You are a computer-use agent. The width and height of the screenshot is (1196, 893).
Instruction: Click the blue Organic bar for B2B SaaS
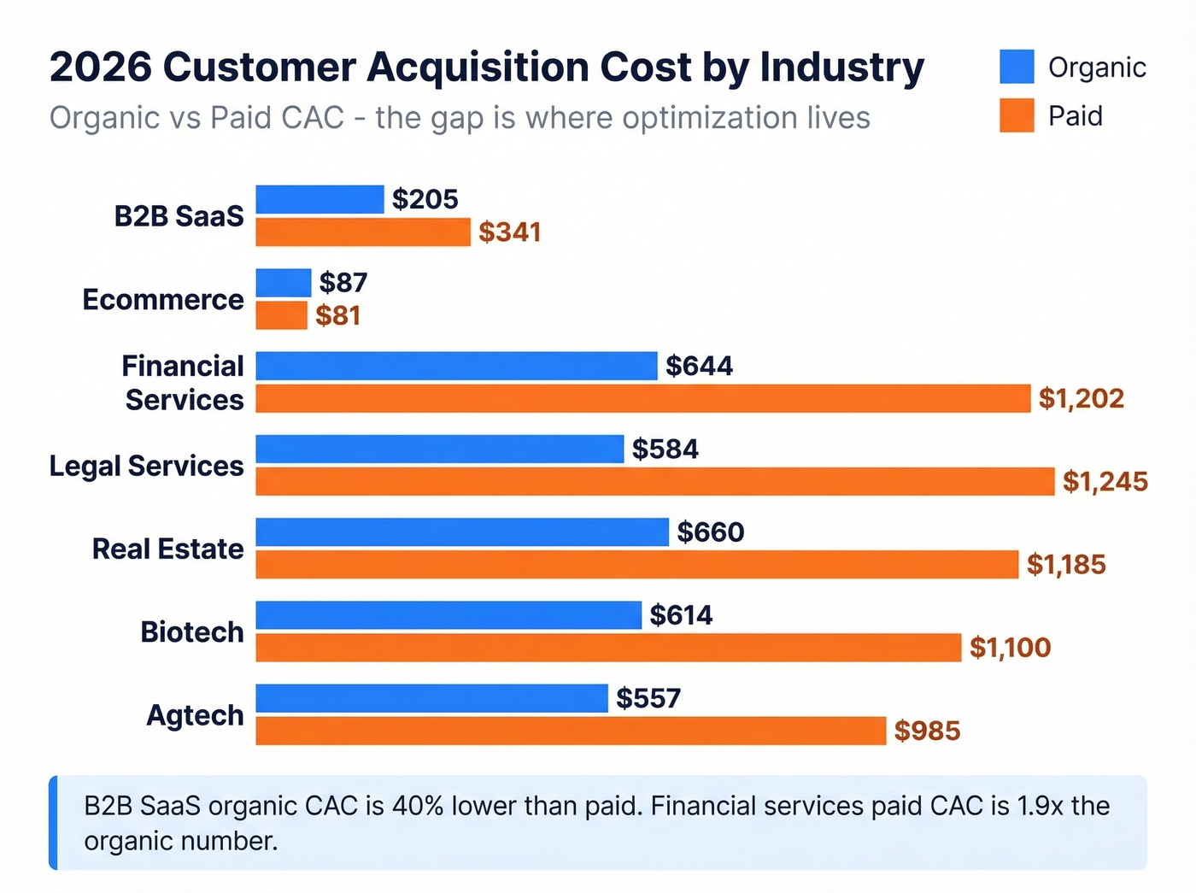[320, 199]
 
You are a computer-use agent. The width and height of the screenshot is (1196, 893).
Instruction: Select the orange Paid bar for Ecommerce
[281, 315]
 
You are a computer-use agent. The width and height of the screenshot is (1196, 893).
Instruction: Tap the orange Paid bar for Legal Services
[654, 481]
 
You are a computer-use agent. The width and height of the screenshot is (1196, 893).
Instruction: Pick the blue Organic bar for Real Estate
[461, 532]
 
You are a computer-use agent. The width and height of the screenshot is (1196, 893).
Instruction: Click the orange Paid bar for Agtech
[571, 731]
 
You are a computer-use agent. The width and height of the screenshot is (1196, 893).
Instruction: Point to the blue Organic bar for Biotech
[448, 615]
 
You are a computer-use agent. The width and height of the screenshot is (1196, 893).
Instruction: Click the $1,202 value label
[1081, 398]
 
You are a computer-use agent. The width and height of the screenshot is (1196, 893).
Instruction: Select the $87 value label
[343, 282]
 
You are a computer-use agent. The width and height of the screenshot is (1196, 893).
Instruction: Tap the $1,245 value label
[1105, 481]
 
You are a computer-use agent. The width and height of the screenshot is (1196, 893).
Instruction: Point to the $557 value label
[648, 698]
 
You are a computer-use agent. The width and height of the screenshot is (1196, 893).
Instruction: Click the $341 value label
[509, 232]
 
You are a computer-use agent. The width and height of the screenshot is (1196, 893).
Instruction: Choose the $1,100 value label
[1010, 648]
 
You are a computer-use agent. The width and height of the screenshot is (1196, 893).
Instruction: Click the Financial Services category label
[183, 383]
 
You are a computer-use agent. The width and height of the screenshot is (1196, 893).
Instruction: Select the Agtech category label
[195, 714]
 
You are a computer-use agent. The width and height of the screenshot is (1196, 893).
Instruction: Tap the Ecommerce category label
[162, 299]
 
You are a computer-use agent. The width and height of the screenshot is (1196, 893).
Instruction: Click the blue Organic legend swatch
[1017, 67]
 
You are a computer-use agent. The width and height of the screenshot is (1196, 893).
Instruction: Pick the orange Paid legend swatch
[1017, 115]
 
